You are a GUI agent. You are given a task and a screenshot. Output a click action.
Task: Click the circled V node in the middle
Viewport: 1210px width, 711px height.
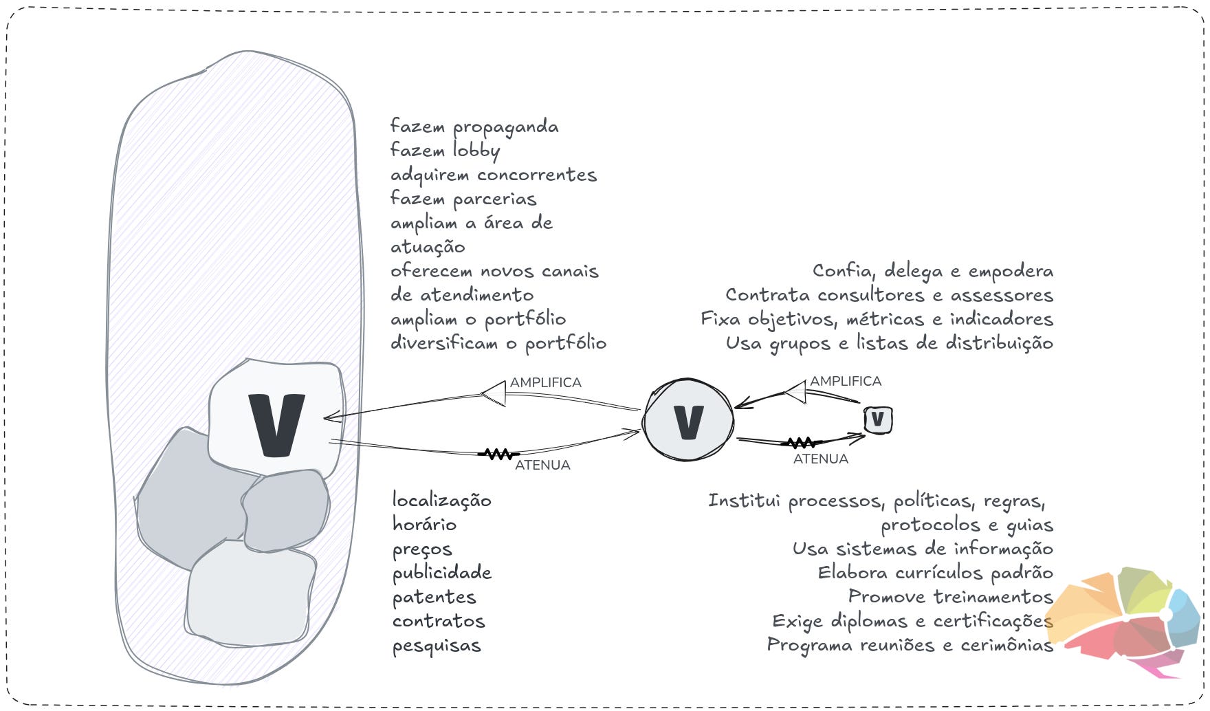688,420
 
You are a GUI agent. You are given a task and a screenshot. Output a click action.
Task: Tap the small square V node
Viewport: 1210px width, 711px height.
878,419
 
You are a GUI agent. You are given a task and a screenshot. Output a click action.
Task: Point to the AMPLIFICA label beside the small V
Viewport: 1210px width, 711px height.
845,381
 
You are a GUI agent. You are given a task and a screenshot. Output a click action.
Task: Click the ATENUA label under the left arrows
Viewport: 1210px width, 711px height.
542,465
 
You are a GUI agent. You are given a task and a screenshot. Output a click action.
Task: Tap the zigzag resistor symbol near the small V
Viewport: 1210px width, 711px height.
801,443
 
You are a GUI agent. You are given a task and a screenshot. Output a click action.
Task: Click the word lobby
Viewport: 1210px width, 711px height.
476,151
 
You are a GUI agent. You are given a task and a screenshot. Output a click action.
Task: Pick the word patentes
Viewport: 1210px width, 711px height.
434,598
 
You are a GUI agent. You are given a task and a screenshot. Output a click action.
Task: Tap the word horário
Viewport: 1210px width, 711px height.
424,525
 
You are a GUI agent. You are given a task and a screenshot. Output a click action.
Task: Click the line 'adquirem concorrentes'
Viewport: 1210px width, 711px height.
493,175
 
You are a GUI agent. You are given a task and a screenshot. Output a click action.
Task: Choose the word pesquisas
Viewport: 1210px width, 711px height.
437,646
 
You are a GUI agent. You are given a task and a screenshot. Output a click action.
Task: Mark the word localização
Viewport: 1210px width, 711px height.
441,501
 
